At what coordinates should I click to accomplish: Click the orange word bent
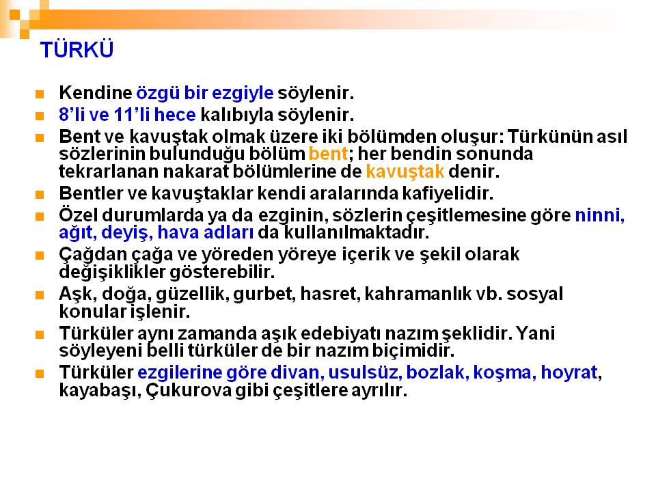(328, 154)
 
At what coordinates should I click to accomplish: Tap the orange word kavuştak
(405, 172)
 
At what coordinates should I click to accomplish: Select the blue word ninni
(600, 215)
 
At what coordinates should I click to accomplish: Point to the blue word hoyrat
(569, 373)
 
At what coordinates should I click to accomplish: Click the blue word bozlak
(435, 372)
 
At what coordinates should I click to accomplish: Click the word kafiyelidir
(448, 193)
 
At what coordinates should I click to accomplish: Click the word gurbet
(264, 294)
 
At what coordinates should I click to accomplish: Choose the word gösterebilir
(222, 273)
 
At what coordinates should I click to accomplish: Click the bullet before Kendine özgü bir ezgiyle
(40, 94)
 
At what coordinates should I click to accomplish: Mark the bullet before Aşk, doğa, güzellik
(40, 295)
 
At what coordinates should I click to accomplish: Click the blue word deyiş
(127, 233)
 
